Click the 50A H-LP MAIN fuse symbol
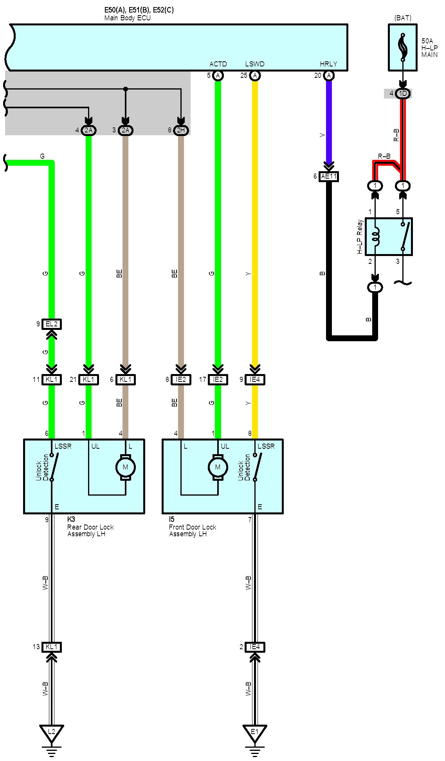coord(402,47)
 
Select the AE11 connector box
coord(329,176)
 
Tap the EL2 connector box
coord(52,324)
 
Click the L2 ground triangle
coord(51,733)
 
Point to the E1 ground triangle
coord(255,733)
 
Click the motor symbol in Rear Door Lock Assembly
coord(126,467)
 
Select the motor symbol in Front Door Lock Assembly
coord(218,467)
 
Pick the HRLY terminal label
coord(328,64)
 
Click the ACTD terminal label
coord(218,64)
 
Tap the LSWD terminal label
coord(255,64)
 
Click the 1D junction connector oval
coord(403,93)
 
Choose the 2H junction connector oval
coord(181,130)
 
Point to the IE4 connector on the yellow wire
coord(255,379)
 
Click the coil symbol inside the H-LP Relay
coord(376,236)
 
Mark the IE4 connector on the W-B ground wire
coord(255,647)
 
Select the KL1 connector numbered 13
coord(52,647)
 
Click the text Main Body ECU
coord(128,18)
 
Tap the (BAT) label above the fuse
coord(403,18)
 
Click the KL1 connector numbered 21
coord(89,379)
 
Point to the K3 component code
coord(71,519)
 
